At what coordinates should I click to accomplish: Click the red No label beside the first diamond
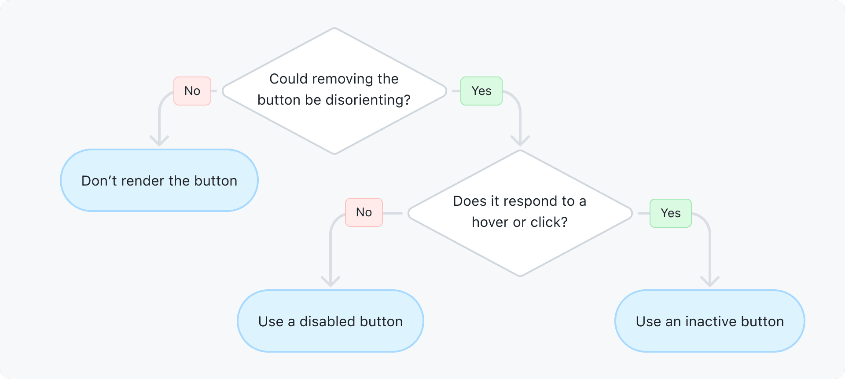pos(192,91)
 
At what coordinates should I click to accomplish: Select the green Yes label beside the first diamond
pos(481,91)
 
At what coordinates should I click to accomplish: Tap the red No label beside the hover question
pos(364,212)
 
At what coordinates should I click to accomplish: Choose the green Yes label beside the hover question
pos(671,213)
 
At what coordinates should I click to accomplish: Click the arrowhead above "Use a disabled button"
pos(331,282)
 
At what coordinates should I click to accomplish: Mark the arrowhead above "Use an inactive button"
pos(710,282)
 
